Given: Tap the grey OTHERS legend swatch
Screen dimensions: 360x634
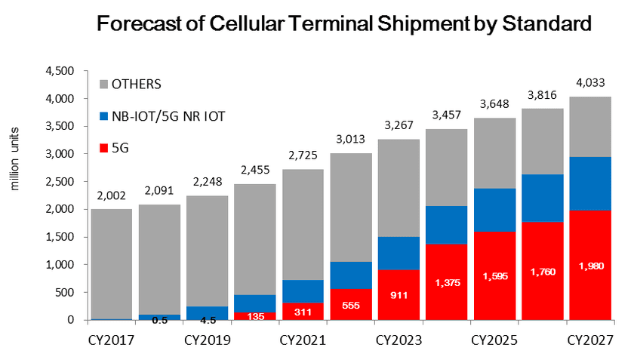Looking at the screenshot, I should [105, 83].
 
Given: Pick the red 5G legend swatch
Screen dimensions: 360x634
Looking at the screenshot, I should [105, 148].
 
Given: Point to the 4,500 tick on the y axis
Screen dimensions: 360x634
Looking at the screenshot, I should [60, 71].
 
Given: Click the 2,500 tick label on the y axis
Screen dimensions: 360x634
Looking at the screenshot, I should [60, 182].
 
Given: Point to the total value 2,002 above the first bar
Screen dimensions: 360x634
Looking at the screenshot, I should [111, 198].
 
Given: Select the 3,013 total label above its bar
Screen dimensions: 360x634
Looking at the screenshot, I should [351, 142].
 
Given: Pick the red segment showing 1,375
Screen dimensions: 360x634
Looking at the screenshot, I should [447, 282].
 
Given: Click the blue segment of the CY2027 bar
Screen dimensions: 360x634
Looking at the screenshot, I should [590, 183].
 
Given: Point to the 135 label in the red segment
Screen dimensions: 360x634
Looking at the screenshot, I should [255, 317].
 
